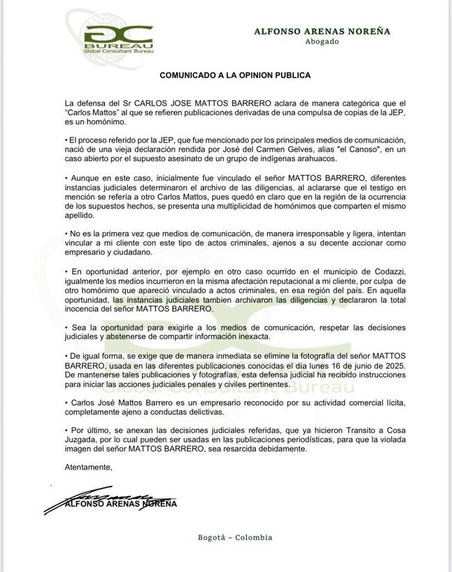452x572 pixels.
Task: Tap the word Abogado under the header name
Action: [322, 42]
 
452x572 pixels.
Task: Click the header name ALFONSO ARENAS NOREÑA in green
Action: [322, 31]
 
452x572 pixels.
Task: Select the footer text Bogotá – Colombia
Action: [235, 537]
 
